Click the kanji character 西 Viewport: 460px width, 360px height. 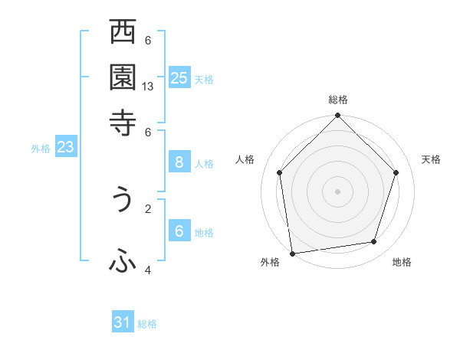[123, 34]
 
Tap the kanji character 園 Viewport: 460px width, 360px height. [123, 77]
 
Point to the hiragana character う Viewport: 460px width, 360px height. [123, 199]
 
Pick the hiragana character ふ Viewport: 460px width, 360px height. [123, 261]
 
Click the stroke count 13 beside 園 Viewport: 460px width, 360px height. [148, 87]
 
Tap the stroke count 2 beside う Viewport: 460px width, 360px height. [148, 208]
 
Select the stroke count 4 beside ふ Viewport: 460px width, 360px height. [148, 270]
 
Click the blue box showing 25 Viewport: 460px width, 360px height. [179, 77]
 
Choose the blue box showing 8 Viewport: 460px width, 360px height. [179, 162]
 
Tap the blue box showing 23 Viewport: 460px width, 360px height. [65, 148]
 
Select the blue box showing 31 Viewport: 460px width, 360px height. [123, 322]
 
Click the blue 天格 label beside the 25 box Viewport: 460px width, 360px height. [204, 79]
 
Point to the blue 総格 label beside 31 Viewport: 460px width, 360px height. [147, 324]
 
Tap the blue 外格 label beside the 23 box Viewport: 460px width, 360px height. [41, 149]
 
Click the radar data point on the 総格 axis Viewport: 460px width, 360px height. [337, 116]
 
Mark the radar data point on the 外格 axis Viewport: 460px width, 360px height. [292, 253]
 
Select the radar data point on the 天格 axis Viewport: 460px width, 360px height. [396, 172]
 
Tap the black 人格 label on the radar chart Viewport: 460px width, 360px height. [245, 159]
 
